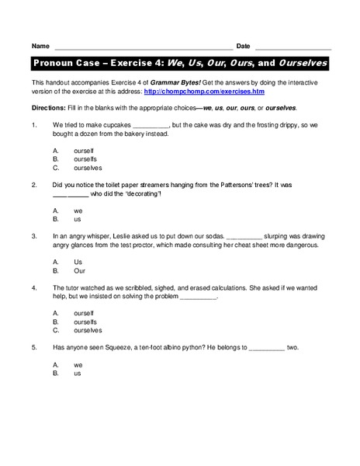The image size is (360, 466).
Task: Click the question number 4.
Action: [x=34, y=287]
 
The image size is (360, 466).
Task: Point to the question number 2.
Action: [x=34, y=185]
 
